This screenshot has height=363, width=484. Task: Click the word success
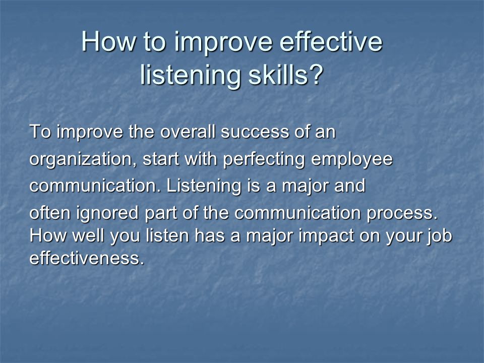pyautogui.click(x=255, y=132)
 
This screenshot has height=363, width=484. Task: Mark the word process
pyautogui.click(x=402, y=213)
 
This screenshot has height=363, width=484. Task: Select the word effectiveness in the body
pyautogui.click(x=87, y=258)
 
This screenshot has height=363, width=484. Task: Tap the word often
pyautogui.click(x=50, y=213)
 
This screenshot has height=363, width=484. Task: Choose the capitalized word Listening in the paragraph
pyautogui.click(x=203, y=186)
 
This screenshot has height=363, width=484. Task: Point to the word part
pyautogui.click(x=161, y=213)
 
